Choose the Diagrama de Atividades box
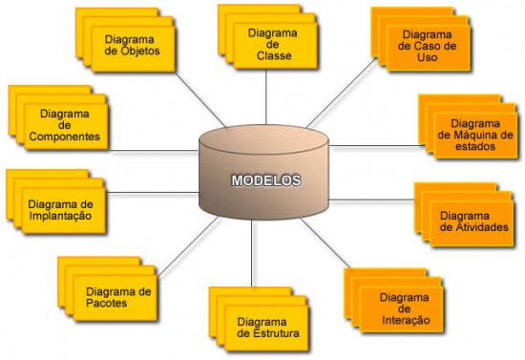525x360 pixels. click(470, 221)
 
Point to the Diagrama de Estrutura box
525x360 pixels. click(268, 328)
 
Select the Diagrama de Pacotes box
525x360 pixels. click(118, 296)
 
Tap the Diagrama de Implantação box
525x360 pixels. click(60, 209)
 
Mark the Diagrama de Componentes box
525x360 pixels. click(64, 125)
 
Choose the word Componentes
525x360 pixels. click(64, 137)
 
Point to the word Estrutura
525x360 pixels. click(277, 334)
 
